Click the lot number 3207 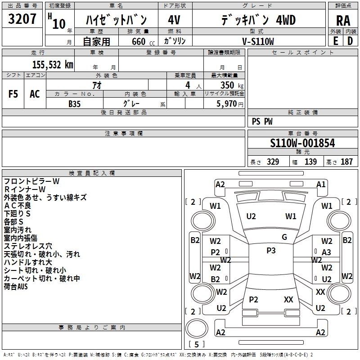(22, 19)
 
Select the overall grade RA (343, 21)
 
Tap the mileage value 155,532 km (53, 65)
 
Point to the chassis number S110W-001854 (302, 143)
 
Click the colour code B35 (75, 104)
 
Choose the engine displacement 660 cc (143, 41)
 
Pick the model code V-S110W (258, 41)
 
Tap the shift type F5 (13, 94)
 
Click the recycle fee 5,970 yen (230, 104)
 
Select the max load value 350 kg (232, 85)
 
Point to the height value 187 (346, 162)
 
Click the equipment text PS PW (262, 121)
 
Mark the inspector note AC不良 (18, 206)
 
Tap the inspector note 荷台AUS (16, 287)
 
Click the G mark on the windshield (284, 237)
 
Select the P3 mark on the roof (271, 251)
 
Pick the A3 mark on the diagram (326, 252)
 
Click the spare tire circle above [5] (197, 328)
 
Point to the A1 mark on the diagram (321, 184)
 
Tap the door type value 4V (174, 20)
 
